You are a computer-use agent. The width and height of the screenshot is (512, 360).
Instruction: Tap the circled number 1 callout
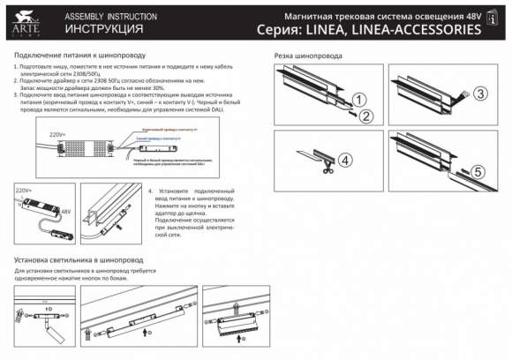click(359, 99)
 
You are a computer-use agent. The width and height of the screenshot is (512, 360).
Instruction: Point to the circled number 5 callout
click(478, 172)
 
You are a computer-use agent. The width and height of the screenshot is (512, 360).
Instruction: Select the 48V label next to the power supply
click(65, 211)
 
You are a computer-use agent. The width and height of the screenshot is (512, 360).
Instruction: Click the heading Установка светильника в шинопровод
click(79, 260)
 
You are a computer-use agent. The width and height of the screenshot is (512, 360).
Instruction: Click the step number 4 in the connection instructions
click(150, 191)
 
